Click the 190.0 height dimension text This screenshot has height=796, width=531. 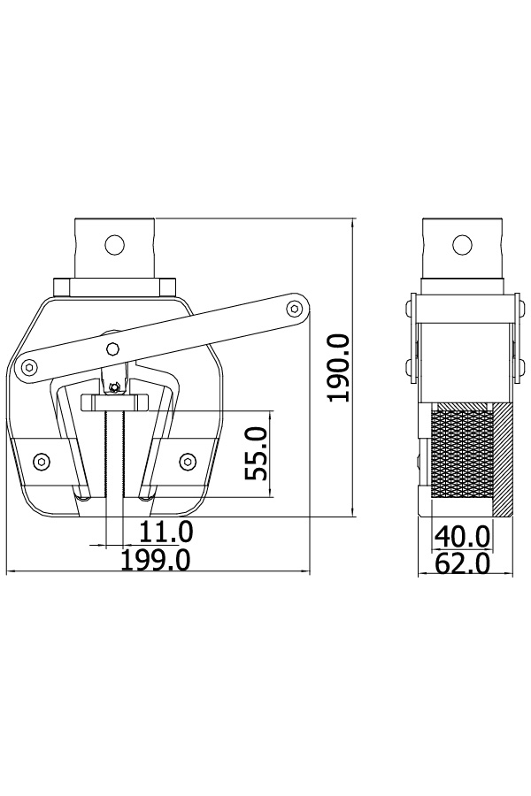click(338, 367)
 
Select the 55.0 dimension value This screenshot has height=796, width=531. click(256, 454)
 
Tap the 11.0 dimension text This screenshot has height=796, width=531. click(166, 532)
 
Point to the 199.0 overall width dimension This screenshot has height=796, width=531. click(156, 560)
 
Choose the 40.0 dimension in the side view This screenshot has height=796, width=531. click(462, 536)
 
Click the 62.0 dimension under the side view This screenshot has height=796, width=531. click(462, 563)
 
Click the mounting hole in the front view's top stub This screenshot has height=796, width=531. click(115, 245)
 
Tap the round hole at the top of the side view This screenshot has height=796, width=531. click(461, 245)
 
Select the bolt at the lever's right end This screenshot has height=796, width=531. click(294, 308)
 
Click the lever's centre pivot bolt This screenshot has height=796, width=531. click(112, 348)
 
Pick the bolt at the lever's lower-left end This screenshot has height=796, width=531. click(30, 367)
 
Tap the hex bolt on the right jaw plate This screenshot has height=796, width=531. click(188, 461)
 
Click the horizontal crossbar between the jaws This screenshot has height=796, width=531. click(114, 402)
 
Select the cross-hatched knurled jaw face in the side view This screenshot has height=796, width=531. click(460, 455)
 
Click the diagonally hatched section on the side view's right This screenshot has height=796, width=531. click(502, 459)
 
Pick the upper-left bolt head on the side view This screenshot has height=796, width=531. click(409, 307)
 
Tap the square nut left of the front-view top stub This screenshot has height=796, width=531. click(62, 287)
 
